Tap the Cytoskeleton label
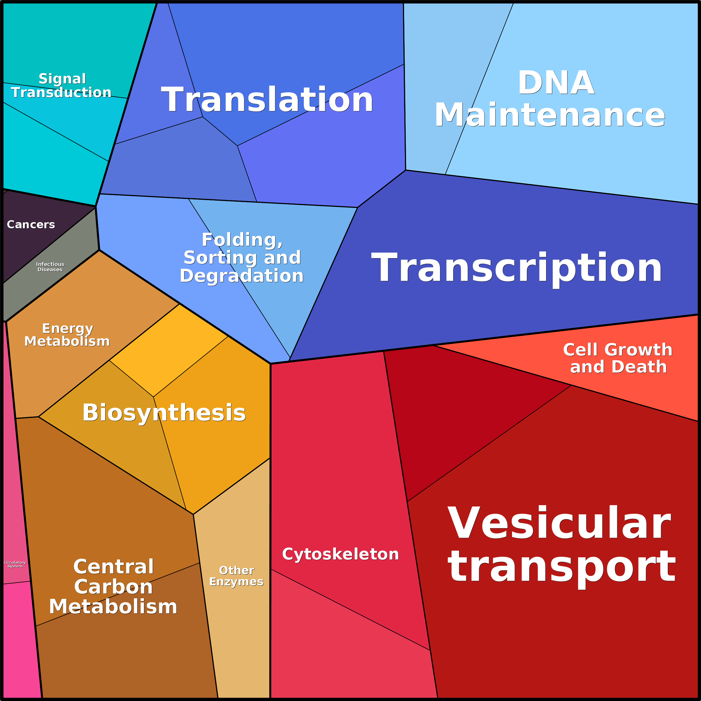point(340,554)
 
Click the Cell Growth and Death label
point(618,358)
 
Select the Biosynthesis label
point(164,412)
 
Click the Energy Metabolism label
point(67,335)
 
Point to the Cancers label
point(31,225)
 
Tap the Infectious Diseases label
point(50,267)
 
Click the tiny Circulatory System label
point(15,564)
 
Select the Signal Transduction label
point(61,85)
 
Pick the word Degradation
point(242,276)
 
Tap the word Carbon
point(113,587)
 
